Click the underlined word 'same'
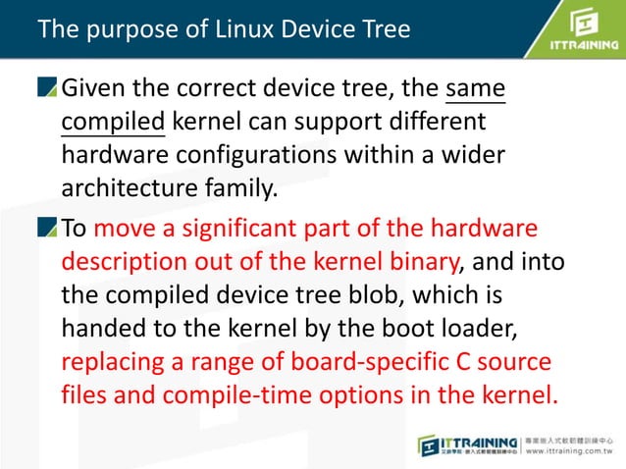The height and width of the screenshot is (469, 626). pos(476,90)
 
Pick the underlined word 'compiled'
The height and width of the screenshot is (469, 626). pos(113,125)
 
